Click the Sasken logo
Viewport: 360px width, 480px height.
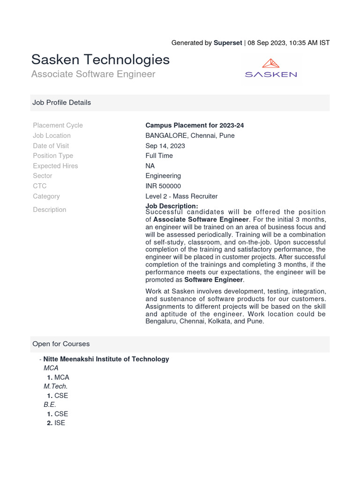click(271, 68)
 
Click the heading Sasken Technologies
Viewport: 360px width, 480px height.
click(100, 60)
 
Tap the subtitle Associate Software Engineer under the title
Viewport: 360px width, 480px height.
click(93, 74)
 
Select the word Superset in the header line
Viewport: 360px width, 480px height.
click(228, 43)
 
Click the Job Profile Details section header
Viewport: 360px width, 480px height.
click(61, 102)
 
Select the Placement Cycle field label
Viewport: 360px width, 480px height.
click(58, 125)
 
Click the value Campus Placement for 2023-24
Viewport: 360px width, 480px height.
click(195, 125)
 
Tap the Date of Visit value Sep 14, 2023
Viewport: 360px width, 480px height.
click(165, 146)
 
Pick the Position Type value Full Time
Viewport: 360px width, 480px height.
click(159, 156)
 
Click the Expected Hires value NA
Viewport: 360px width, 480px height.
click(150, 166)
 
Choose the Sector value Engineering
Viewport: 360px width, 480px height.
click(163, 176)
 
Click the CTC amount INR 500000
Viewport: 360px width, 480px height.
click(163, 186)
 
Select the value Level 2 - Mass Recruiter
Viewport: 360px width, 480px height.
click(181, 196)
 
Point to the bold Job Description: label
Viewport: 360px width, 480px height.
click(172, 206)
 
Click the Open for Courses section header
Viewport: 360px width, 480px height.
click(61, 344)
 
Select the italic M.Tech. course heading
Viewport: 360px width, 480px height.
click(56, 386)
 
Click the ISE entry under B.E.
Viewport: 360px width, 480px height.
click(60, 423)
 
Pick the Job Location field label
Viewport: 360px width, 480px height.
click(52, 135)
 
